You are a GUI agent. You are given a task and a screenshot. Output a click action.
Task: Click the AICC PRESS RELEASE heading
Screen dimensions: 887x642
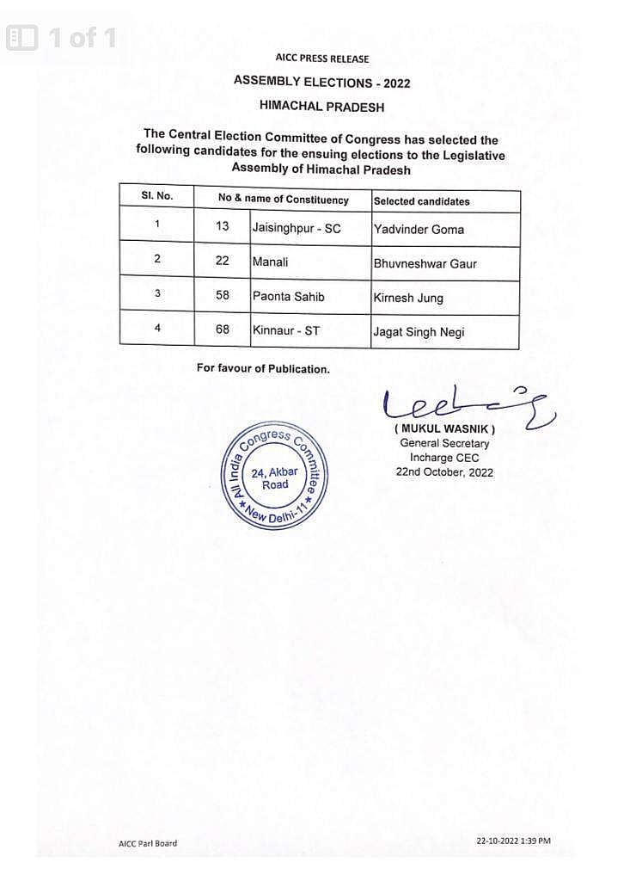pos(322,59)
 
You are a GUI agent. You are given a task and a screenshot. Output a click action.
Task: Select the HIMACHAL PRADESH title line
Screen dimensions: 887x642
pos(322,108)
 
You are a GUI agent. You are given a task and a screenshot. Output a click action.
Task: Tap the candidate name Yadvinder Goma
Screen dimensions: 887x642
pos(419,230)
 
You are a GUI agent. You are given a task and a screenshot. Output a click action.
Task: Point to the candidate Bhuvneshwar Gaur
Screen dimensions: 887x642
pos(425,264)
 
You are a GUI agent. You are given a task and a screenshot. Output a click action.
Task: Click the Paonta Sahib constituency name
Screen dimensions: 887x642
pos(289,295)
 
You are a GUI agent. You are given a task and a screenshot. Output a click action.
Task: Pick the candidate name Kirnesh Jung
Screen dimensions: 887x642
pos(408,299)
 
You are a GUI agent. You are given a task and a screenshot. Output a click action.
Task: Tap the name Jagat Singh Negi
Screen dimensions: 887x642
pos(419,332)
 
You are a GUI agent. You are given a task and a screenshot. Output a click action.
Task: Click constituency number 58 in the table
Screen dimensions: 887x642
pos(223,294)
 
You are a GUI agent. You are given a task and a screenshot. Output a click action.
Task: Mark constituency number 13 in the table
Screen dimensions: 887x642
pos(223,226)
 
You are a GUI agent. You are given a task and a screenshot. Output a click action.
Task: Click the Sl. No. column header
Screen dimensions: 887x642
pos(157,196)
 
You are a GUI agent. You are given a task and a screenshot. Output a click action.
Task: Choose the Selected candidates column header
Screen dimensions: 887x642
pos(421,201)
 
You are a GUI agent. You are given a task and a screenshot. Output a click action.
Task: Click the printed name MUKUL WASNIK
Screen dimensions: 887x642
pos(444,428)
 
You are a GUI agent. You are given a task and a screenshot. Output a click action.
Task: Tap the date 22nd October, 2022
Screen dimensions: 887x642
pos(444,472)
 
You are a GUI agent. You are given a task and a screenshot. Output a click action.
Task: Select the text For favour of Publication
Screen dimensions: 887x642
pos(263,368)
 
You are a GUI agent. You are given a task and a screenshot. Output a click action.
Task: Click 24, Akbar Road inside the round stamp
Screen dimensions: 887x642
pos(274,478)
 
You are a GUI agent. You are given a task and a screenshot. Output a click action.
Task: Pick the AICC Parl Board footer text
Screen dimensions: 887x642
pos(148,843)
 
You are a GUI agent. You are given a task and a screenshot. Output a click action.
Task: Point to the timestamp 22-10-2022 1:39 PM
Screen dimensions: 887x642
pos(513,841)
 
